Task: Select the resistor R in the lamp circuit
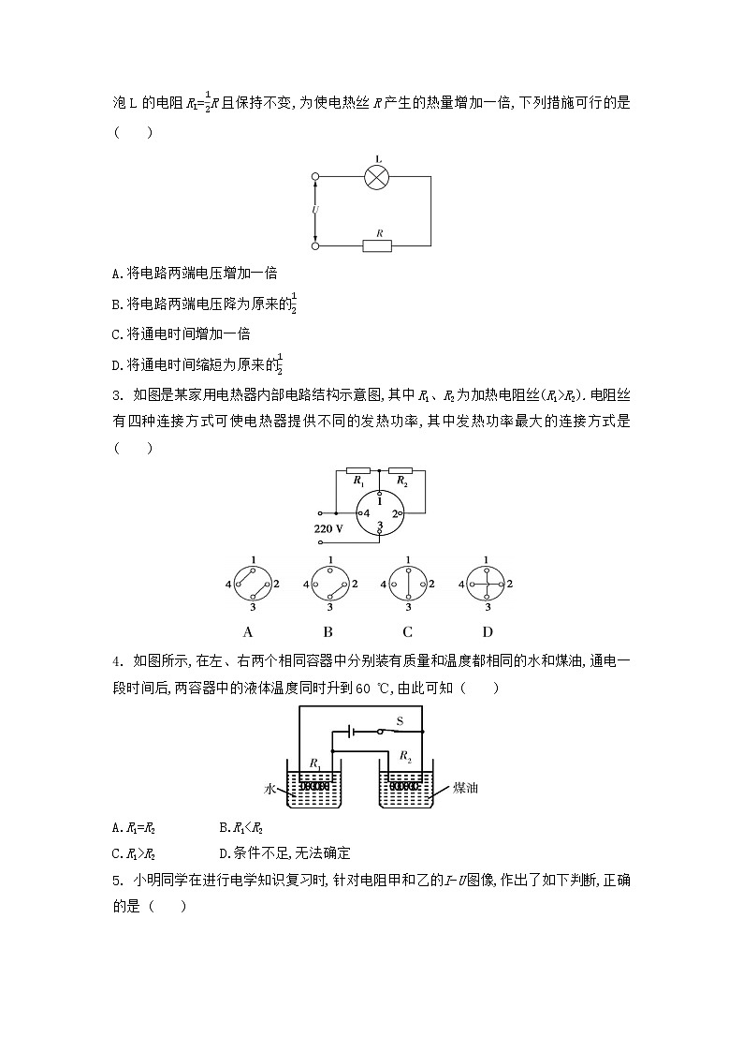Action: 378,245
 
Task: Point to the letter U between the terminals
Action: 315,211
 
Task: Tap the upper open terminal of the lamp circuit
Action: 315,176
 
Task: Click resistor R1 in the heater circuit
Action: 358,469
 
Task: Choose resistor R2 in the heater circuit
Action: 401,469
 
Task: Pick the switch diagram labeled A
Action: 249,584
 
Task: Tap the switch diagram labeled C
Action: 407,584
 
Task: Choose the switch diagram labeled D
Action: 487,584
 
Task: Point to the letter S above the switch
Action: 400,719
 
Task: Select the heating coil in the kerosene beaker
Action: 404,778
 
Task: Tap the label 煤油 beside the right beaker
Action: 465,788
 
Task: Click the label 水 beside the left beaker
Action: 270,790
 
